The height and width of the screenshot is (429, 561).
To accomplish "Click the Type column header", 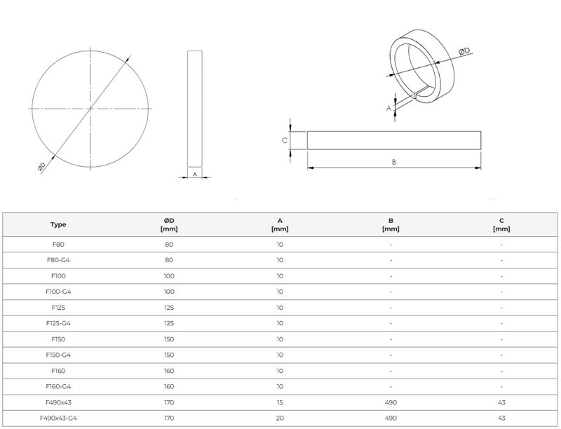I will point(58,225).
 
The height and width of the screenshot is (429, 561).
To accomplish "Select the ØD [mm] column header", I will point(168,225).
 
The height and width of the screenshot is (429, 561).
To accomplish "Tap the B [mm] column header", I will point(391,225).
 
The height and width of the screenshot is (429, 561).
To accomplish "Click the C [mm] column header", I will point(501,225).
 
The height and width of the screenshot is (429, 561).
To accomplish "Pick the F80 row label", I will point(58,245).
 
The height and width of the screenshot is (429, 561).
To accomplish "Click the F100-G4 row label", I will point(58,292).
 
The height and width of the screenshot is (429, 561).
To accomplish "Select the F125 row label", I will point(58,308).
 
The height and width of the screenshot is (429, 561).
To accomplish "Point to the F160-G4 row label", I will point(58,386).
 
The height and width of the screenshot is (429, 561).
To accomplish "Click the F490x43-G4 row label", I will point(58,418).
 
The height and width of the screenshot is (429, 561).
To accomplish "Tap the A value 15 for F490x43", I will point(280,402).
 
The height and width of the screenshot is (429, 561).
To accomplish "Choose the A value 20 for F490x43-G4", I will point(280,418).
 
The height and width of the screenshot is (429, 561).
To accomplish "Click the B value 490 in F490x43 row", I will point(391,402).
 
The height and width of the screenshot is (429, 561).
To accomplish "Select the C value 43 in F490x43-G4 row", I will point(501,418).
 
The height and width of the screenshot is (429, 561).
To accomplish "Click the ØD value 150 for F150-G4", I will point(168,355).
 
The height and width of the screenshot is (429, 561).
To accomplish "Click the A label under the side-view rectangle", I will point(194,173).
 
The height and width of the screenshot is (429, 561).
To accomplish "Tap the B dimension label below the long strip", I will point(394,163).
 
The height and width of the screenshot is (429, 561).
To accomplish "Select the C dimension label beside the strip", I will point(284,140).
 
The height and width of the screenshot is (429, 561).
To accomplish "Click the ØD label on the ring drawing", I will point(464,50).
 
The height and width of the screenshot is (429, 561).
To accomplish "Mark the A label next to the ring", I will point(388,108).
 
